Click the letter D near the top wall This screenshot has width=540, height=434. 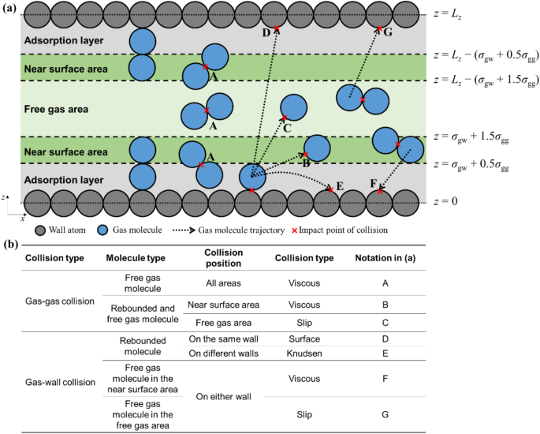pos(266,33)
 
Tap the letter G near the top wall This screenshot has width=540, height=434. pos(388,32)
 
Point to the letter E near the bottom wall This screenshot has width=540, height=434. pos(340,186)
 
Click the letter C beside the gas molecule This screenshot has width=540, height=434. pos(287,129)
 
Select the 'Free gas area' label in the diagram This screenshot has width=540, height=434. pos(56,109)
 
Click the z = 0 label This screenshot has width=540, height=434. pos(446,201)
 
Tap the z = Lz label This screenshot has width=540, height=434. pos(448,15)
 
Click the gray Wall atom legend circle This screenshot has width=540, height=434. pos(41,230)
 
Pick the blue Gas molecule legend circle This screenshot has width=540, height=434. pos(103,230)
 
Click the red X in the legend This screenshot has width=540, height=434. pos(295,230)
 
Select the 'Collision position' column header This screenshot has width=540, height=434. pos(224,258)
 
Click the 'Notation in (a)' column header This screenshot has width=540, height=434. pos(385,258)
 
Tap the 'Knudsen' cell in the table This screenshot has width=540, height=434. pos(304,354)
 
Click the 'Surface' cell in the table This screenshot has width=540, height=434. pos(304,339)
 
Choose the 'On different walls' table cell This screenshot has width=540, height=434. pos(224,354)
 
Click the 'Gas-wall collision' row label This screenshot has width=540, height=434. pos(60,382)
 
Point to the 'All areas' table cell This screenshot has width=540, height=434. pos(224,283)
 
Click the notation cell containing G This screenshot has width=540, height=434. pos(385,414)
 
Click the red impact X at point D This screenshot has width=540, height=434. pos(276,28)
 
